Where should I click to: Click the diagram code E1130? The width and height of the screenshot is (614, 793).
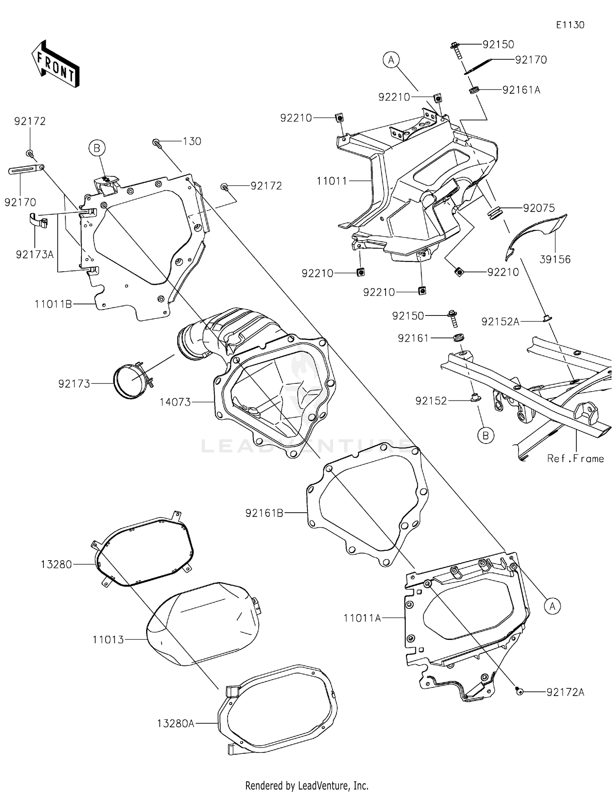[570, 25]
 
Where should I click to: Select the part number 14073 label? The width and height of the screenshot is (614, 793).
[175, 403]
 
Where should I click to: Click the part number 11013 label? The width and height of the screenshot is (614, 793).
[108, 640]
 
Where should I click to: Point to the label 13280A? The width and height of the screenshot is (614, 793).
[176, 724]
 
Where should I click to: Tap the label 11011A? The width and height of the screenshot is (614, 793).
[362, 618]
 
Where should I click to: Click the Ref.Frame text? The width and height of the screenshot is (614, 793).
[576, 459]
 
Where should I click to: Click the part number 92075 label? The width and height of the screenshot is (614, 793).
[539, 208]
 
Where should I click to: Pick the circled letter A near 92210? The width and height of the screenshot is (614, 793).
[391, 60]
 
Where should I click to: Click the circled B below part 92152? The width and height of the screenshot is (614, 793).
[485, 436]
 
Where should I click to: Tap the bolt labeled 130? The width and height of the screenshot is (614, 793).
[156, 142]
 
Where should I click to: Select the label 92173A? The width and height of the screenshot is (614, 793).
[35, 255]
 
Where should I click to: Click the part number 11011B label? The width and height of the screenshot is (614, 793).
[53, 304]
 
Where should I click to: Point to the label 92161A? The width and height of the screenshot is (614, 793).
[521, 90]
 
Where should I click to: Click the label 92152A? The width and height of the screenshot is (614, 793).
[500, 322]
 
